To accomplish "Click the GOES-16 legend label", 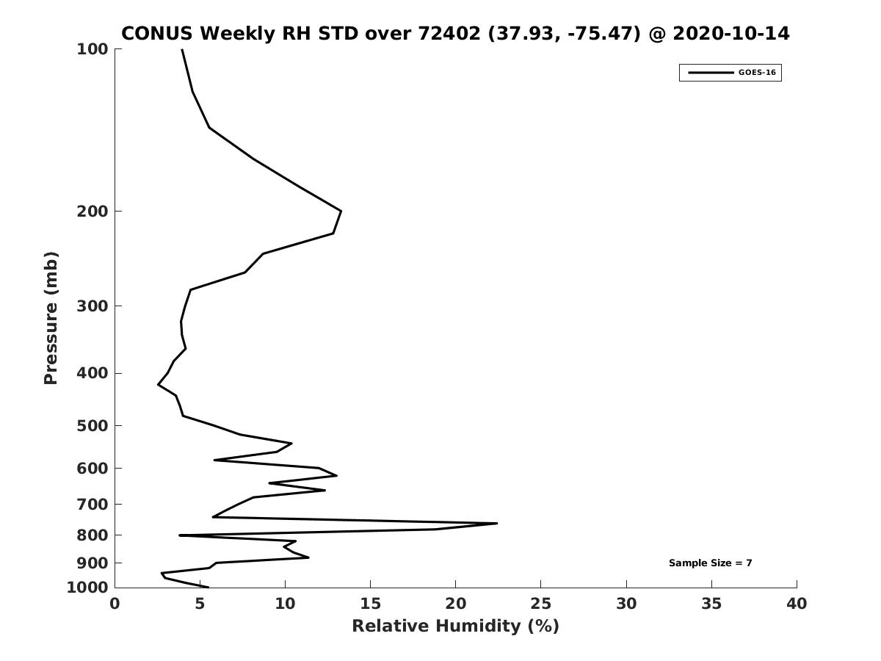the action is tap(757, 73).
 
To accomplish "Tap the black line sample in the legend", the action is tap(711, 73).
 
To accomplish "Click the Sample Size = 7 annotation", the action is tap(710, 563).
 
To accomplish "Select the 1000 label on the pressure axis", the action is tap(87, 588).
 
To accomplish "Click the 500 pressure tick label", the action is tap(93, 425).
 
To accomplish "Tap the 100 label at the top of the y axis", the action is tap(93, 49).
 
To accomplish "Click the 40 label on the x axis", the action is tap(797, 604).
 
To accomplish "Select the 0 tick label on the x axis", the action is tap(115, 604).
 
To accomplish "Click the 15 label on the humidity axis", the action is tap(370, 604).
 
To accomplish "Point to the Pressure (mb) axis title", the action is tap(51, 318).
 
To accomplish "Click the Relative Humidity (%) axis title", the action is tap(456, 626).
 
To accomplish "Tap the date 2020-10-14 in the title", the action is tap(731, 33).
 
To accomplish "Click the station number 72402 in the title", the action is tap(449, 33).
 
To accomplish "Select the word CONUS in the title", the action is tap(157, 33).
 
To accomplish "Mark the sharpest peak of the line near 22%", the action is tap(497, 524).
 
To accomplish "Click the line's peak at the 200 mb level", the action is tap(341, 211).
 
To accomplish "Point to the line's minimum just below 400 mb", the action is tap(159, 385).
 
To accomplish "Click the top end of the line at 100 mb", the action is tap(182, 50).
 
